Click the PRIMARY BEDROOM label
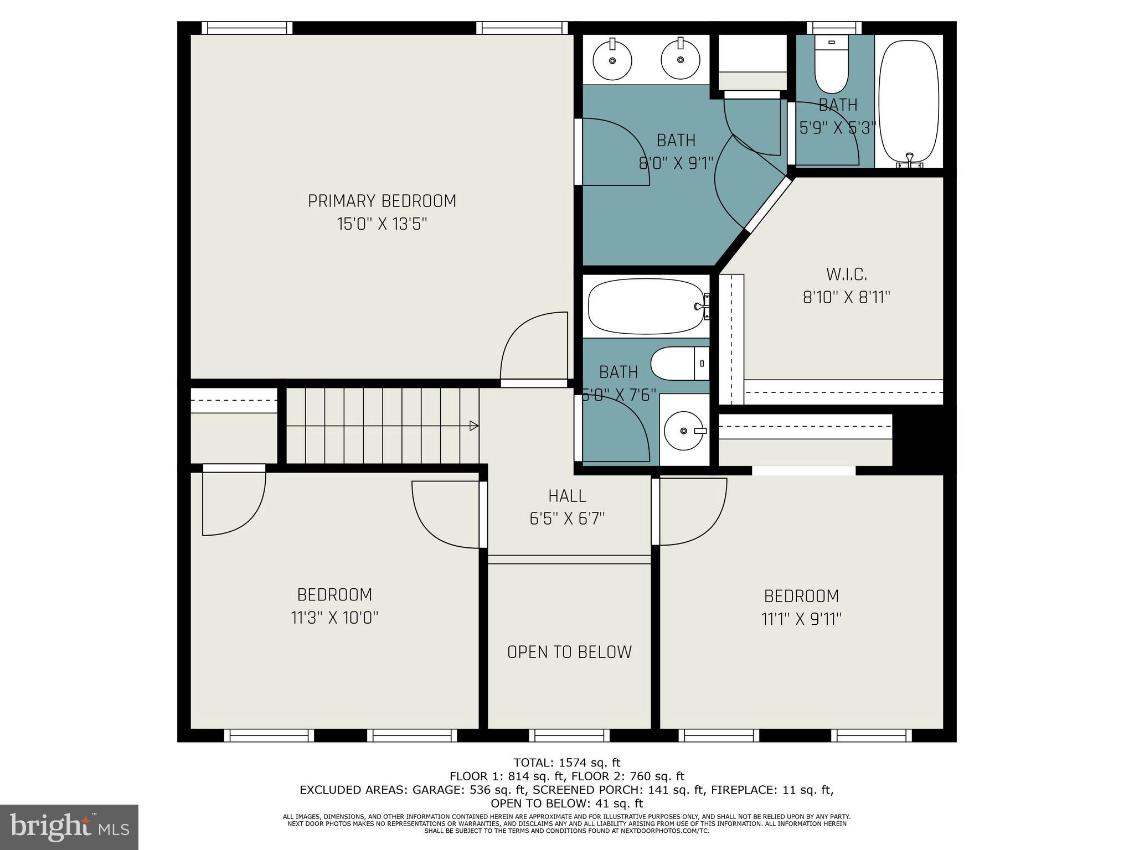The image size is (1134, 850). [x=382, y=201]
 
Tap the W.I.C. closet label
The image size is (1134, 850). [x=846, y=274]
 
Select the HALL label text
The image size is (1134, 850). [x=567, y=495]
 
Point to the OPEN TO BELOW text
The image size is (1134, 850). [x=569, y=652]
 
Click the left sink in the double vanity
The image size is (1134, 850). [x=612, y=60]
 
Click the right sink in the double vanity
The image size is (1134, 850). [x=681, y=60]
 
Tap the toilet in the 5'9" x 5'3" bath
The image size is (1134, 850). [x=831, y=65]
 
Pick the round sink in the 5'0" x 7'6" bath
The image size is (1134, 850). [x=684, y=431]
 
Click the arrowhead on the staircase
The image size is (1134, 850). [x=474, y=426]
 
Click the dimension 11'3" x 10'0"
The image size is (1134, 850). [x=334, y=618]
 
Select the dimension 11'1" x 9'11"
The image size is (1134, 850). [x=801, y=619]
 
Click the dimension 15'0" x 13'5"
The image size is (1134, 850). [x=382, y=224]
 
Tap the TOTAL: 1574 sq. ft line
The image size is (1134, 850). [x=566, y=763]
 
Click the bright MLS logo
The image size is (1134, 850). [x=69, y=827]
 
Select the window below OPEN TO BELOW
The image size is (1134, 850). [x=569, y=735]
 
